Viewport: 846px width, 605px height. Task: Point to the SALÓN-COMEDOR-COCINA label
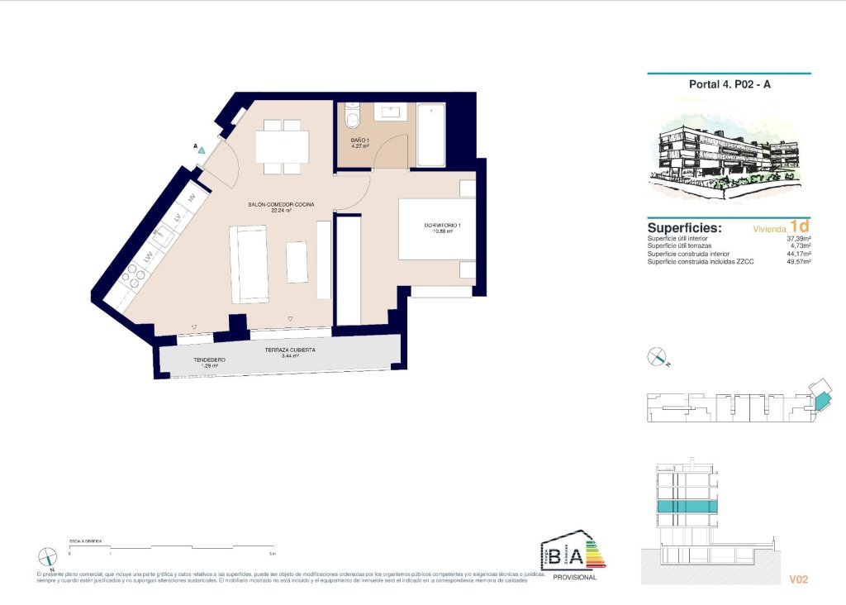pyautogui.click(x=281, y=204)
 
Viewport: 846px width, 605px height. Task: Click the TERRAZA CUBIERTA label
pyautogui.click(x=290, y=350)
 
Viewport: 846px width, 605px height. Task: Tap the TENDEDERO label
pyautogui.click(x=209, y=360)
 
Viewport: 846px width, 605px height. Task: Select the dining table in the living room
pyautogui.click(x=282, y=147)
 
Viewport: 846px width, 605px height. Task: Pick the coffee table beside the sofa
pyautogui.click(x=297, y=261)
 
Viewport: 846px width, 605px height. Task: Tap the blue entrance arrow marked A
pyautogui.click(x=201, y=151)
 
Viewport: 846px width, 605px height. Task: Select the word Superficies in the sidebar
pyautogui.click(x=685, y=227)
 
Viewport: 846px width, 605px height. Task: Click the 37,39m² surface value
pyautogui.click(x=797, y=238)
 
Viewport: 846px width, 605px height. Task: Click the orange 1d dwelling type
pyautogui.click(x=798, y=226)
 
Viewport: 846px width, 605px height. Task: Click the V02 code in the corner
pyautogui.click(x=798, y=579)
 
